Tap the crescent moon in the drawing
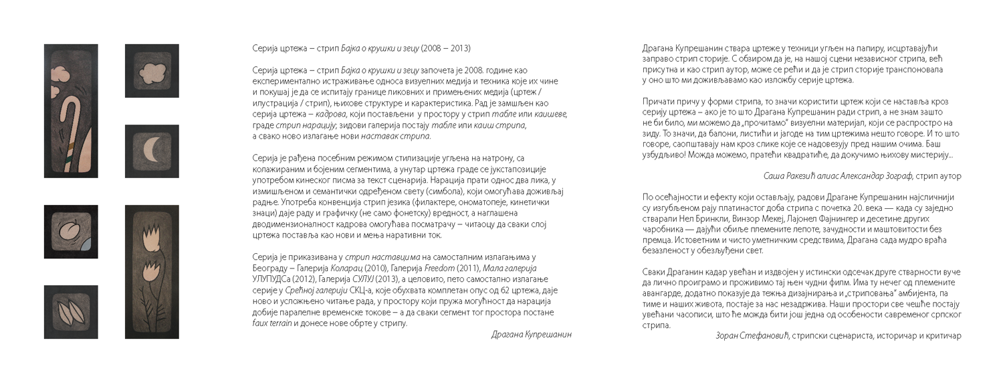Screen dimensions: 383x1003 click(x=153, y=151)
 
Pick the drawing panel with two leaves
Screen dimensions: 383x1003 click(x=70, y=312)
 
